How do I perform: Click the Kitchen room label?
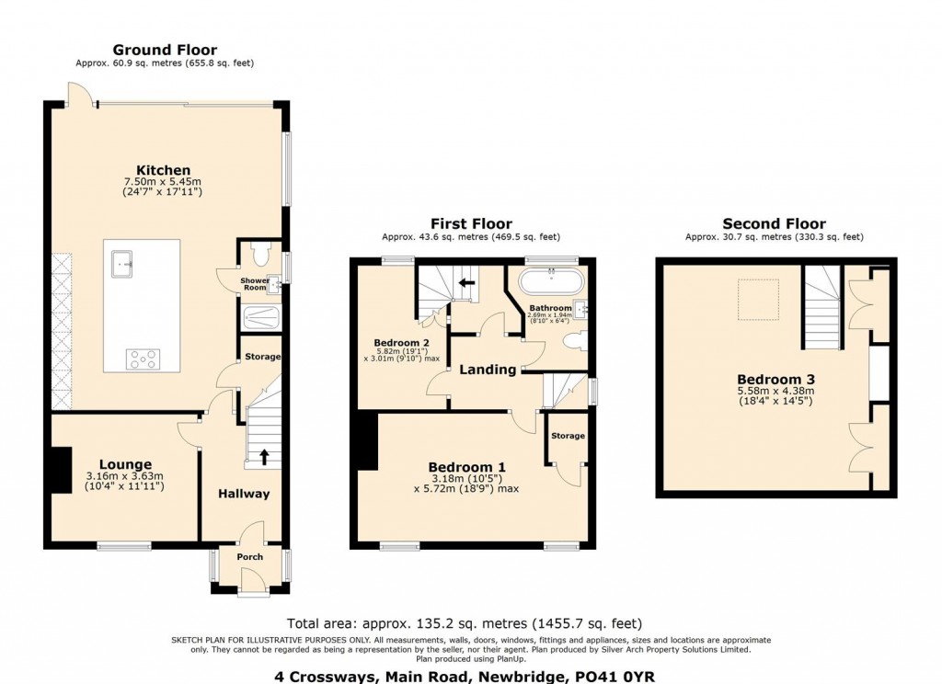(x=163, y=171)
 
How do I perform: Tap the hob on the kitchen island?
(x=143, y=359)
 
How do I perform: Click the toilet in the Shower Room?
(x=260, y=255)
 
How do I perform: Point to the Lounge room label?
(x=125, y=465)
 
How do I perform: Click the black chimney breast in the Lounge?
(x=61, y=470)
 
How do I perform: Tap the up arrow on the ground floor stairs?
(x=263, y=456)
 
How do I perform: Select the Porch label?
(x=250, y=557)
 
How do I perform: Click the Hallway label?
(x=243, y=494)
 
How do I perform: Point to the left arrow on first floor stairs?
(x=466, y=282)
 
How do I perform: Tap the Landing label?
(x=488, y=370)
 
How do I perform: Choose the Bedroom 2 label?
(x=401, y=344)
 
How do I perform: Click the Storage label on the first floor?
(x=568, y=436)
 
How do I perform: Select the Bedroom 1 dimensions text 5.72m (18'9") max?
(x=466, y=489)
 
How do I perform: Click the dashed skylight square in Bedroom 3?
(x=758, y=300)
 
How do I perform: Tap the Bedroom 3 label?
(x=775, y=380)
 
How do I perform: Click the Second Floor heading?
(x=774, y=224)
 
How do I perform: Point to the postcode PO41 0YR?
(x=615, y=677)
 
